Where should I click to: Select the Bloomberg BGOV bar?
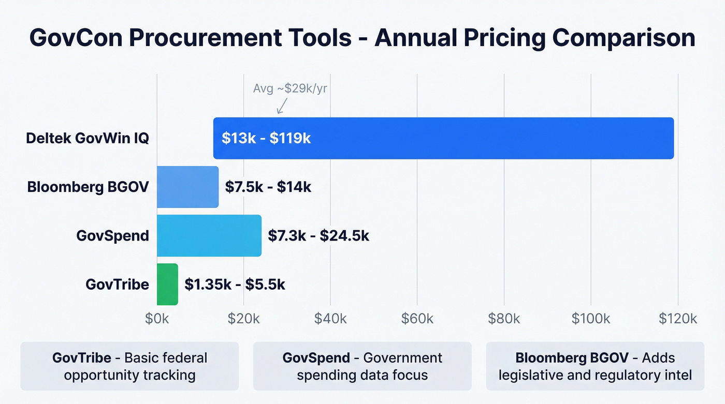pos(187,187)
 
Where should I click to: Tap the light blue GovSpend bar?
pos(209,235)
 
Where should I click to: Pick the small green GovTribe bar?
pos(167,284)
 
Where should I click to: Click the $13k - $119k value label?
pos(266,138)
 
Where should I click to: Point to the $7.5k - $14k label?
pos(268,187)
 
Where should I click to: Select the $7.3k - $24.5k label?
pos(318,235)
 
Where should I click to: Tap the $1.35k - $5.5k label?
pos(235,284)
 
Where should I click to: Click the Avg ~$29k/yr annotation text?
pos(290,88)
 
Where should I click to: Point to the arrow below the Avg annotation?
pos(282,107)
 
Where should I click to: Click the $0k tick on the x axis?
pos(156,319)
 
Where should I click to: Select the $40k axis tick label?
pos(330,319)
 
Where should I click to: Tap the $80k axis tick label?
pos(504,319)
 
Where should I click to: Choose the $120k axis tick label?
pos(678,319)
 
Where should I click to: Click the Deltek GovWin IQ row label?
pos(88,138)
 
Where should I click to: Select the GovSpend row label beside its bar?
pos(112,235)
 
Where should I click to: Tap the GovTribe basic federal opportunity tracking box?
pos(129,366)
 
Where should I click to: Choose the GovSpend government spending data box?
pos(362,366)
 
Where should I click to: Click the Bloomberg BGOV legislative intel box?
pos(595,366)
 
